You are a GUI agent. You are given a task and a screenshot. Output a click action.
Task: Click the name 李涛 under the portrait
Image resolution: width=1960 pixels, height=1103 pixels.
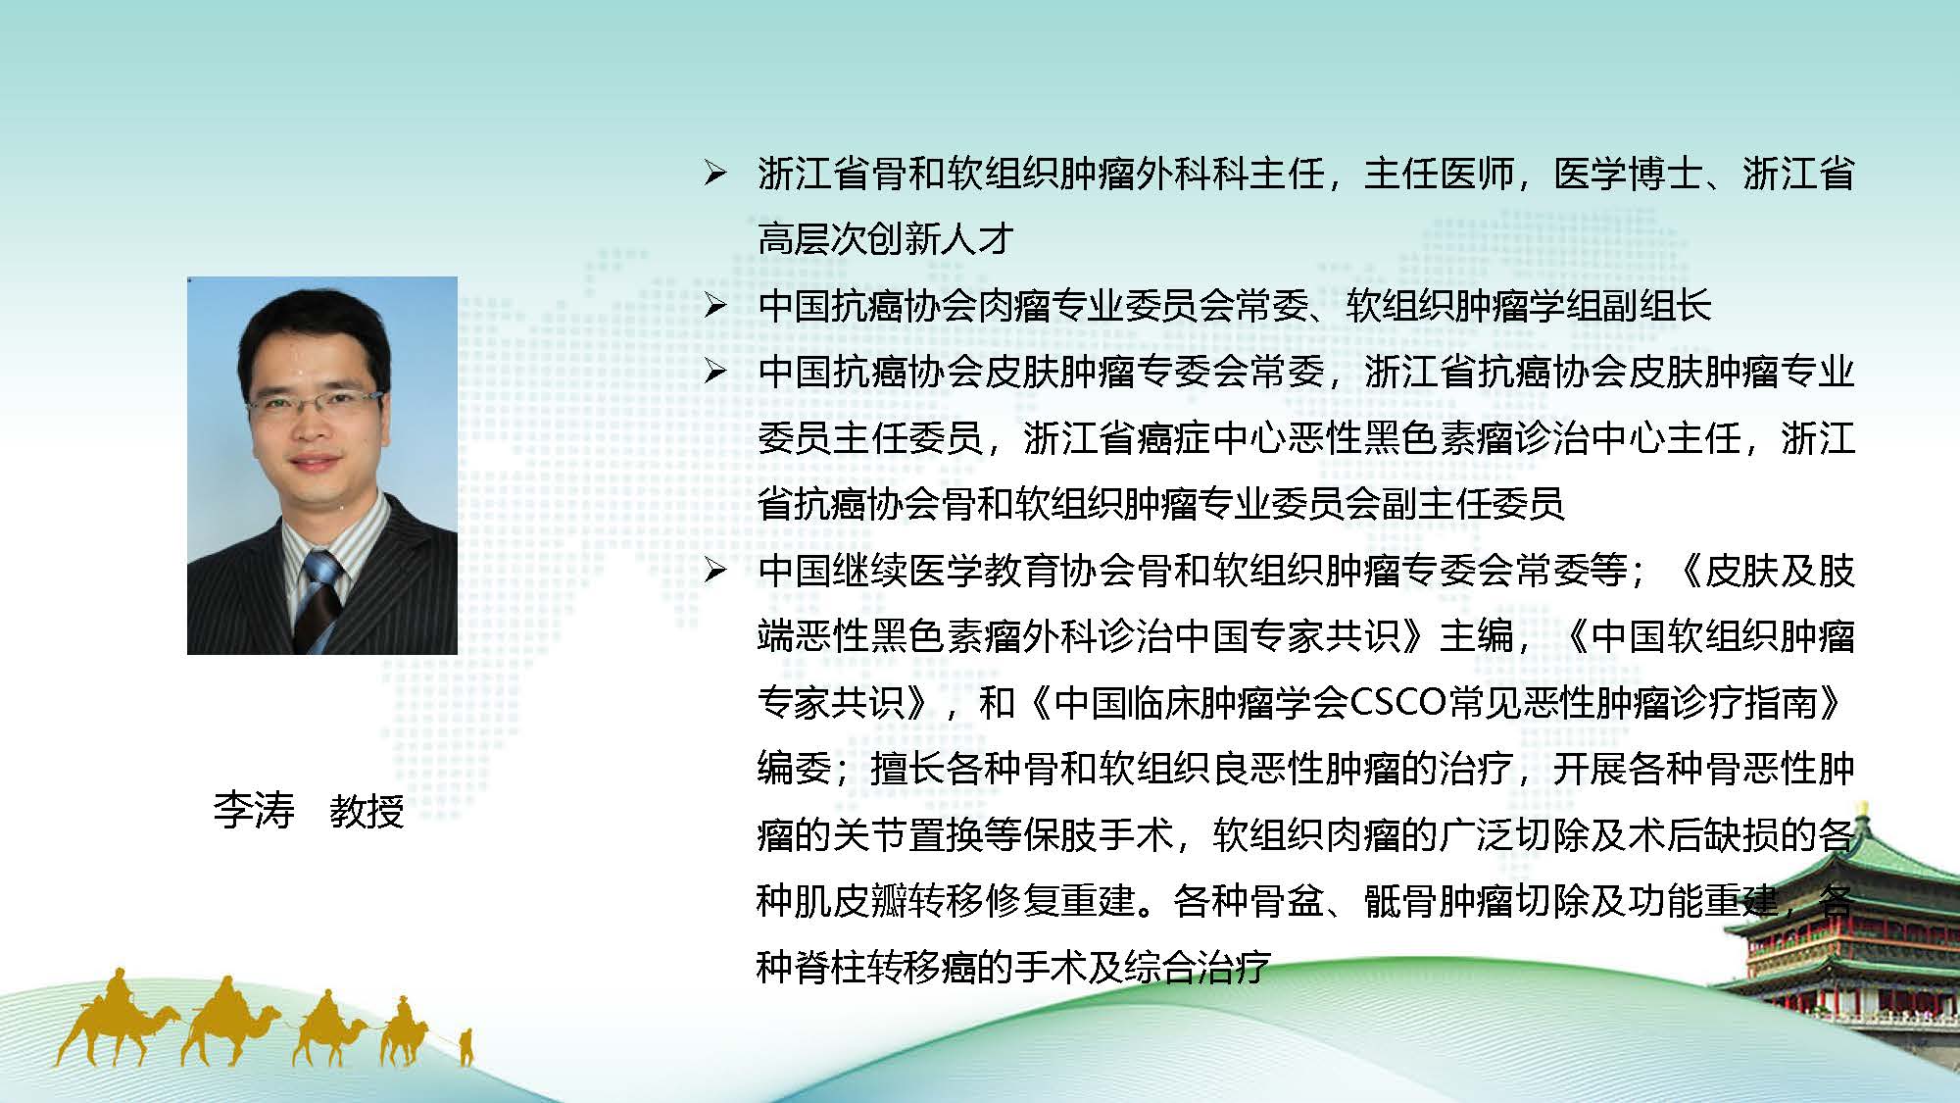click(254, 811)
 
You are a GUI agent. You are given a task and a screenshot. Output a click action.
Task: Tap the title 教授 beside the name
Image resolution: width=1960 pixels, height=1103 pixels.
click(367, 811)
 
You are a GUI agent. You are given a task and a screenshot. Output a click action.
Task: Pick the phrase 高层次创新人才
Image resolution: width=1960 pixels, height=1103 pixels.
click(886, 238)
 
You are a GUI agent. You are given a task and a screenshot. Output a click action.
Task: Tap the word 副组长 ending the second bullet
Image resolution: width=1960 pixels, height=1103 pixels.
click(1655, 306)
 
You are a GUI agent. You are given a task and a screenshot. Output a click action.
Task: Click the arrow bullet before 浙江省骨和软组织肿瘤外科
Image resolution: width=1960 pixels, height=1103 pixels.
click(715, 175)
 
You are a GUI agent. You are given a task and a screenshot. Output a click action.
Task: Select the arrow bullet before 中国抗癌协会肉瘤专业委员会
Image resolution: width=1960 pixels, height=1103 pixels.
click(715, 306)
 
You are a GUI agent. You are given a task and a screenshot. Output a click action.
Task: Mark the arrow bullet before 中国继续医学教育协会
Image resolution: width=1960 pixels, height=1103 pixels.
click(715, 571)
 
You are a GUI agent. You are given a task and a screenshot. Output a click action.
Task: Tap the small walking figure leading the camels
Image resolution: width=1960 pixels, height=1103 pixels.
click(466, 1046)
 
